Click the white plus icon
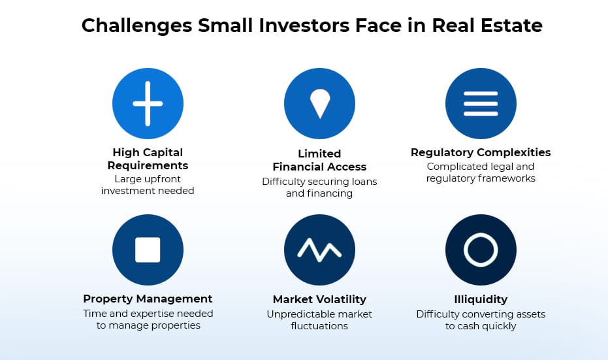[x=148, y=104]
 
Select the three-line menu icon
[x=481, y=104]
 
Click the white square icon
[x=148, y=250]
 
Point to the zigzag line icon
[x=319, y=250]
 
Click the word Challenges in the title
[x=137, y=26]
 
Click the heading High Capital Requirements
[x=148, y=159]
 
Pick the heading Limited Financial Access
[x=319, y=160]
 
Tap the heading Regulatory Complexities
[x=481, y=152]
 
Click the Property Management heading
[x=148, y=299]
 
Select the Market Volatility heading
[x=319, y=299]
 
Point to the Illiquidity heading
[x=481, y=299]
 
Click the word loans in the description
[x=364, y=182]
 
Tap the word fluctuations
[x=319, y=326]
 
